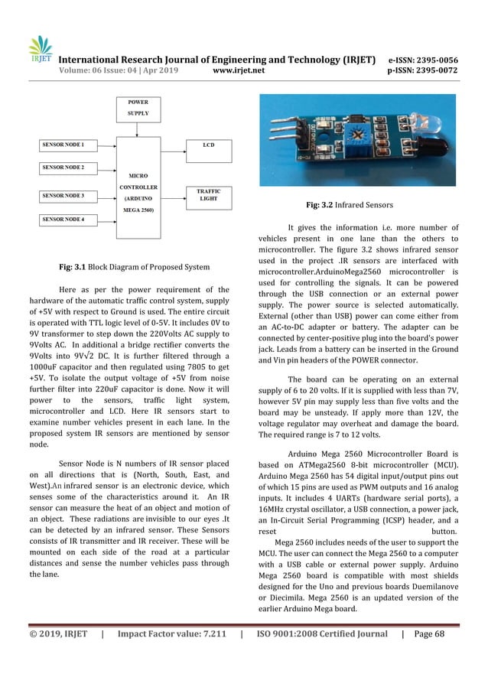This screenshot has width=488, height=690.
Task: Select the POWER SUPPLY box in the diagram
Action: coord(138,107)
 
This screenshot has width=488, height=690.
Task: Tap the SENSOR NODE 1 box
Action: coord(68,144)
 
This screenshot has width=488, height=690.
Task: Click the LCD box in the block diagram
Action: coord(208,144)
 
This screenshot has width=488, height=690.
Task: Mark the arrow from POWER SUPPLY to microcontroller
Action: coord(138,127)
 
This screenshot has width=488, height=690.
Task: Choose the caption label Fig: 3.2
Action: coord(320,205)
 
